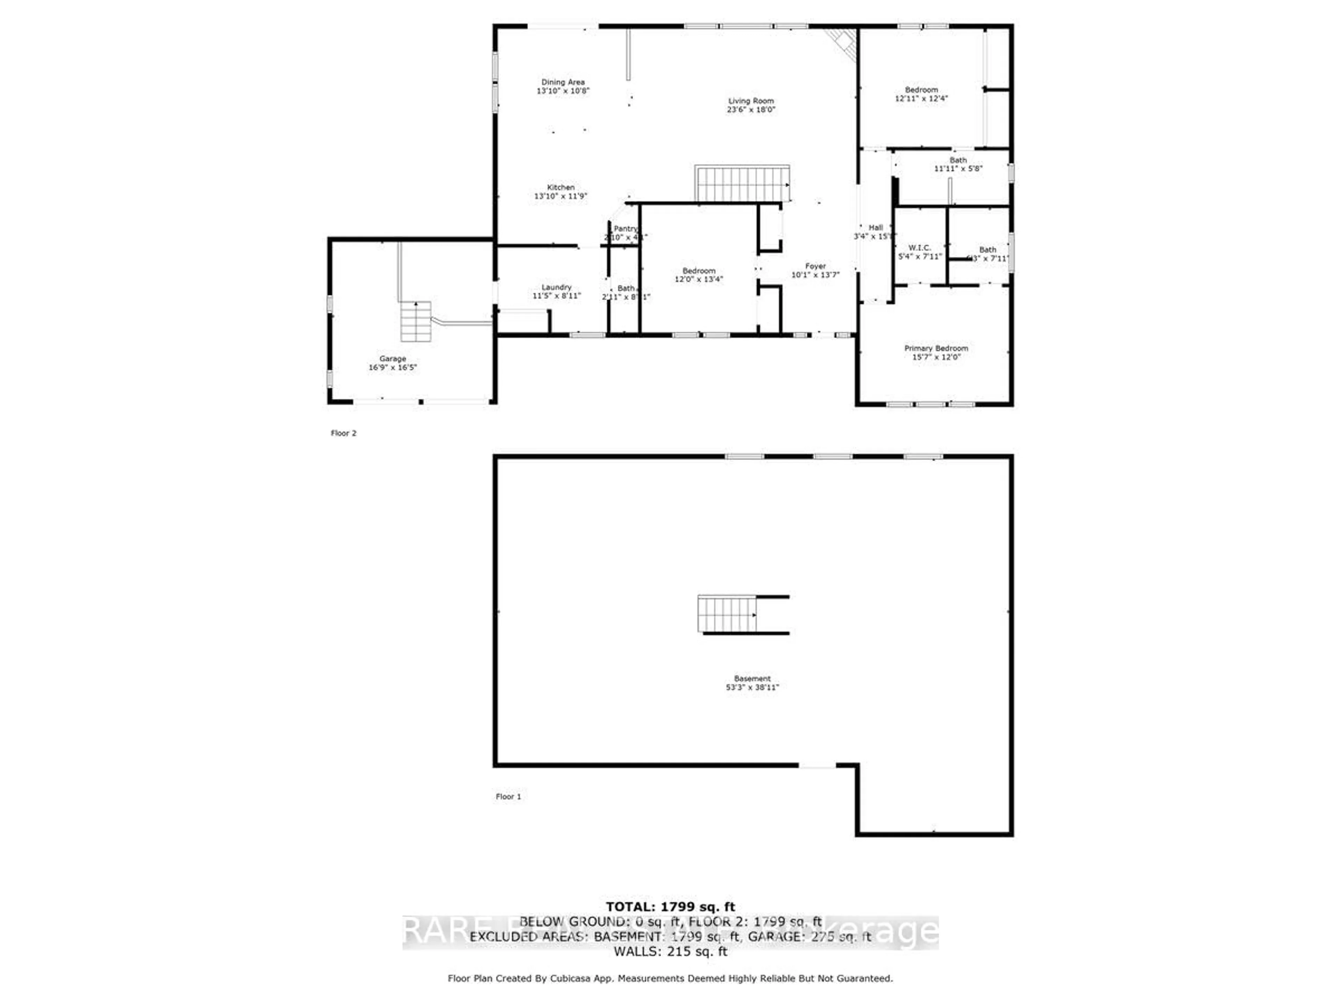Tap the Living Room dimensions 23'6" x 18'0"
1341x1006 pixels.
pyautogui.click(x=751, y=110)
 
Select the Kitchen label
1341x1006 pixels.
pyautogui.click(x=561, y=187)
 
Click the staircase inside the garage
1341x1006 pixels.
pyautogui.click(x=416, y=321)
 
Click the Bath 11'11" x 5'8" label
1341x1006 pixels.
pyautogui.click(x=958, y=164)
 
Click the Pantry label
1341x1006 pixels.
pyautogui.click(x=626, y=228)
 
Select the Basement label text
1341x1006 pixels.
pyautogui.click(x=752, y=679)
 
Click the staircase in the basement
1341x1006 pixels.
pyautogui.click(x=727, y=614)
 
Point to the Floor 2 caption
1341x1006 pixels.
pyautogui.click(x=344, y=433)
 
